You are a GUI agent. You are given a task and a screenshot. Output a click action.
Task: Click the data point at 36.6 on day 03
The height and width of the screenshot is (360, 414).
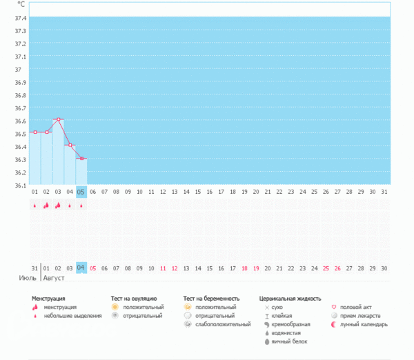[x=58, y=119]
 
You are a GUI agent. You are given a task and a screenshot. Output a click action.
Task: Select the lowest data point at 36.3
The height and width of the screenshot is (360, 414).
[x=81, y=159]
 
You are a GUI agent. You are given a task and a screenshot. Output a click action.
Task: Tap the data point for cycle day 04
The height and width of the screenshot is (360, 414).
[x=70, y=146]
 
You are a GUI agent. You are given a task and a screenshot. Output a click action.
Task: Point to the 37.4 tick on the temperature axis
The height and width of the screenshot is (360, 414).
[x=19, y=17]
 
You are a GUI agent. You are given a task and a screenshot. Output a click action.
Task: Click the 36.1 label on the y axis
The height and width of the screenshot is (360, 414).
[x=19, y=185]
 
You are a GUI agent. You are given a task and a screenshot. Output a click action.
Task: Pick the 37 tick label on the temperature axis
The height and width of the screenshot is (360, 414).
[x=19, y=70]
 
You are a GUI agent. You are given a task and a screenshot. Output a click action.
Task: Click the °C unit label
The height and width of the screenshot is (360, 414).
[x=21, y=5]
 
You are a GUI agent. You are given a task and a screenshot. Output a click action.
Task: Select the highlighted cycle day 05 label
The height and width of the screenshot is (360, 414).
[x=81, y=192]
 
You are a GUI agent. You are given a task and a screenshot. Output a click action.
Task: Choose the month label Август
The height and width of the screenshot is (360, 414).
[x=56, y=279]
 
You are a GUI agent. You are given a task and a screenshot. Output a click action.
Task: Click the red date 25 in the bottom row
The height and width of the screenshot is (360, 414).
[x=326, y=268]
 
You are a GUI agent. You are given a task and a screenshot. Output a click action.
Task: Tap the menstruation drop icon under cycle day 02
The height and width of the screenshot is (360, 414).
[x=46, y=206]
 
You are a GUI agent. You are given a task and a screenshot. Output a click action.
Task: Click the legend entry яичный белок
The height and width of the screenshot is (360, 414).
[x=289, y=341]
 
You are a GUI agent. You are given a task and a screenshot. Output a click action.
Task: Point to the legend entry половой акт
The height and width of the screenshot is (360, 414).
[x=356, y=307]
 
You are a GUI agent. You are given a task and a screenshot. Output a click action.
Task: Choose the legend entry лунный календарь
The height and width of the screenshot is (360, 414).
[x=364, y=324]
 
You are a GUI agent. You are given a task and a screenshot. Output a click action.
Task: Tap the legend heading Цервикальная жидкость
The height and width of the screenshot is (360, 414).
[x=290, y=299]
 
